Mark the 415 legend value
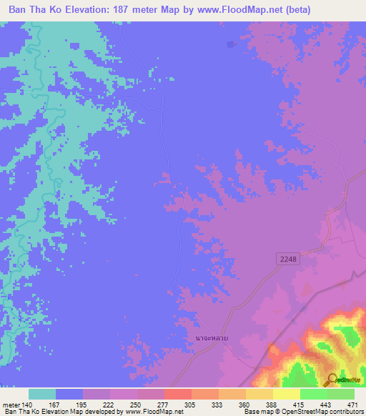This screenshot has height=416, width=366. (299, 405)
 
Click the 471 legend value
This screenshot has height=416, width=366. (352, 405)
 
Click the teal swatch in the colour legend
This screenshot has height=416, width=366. (42, 394)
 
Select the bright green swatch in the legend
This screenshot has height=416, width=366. (313, 394)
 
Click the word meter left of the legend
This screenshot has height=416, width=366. (12, 405)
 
